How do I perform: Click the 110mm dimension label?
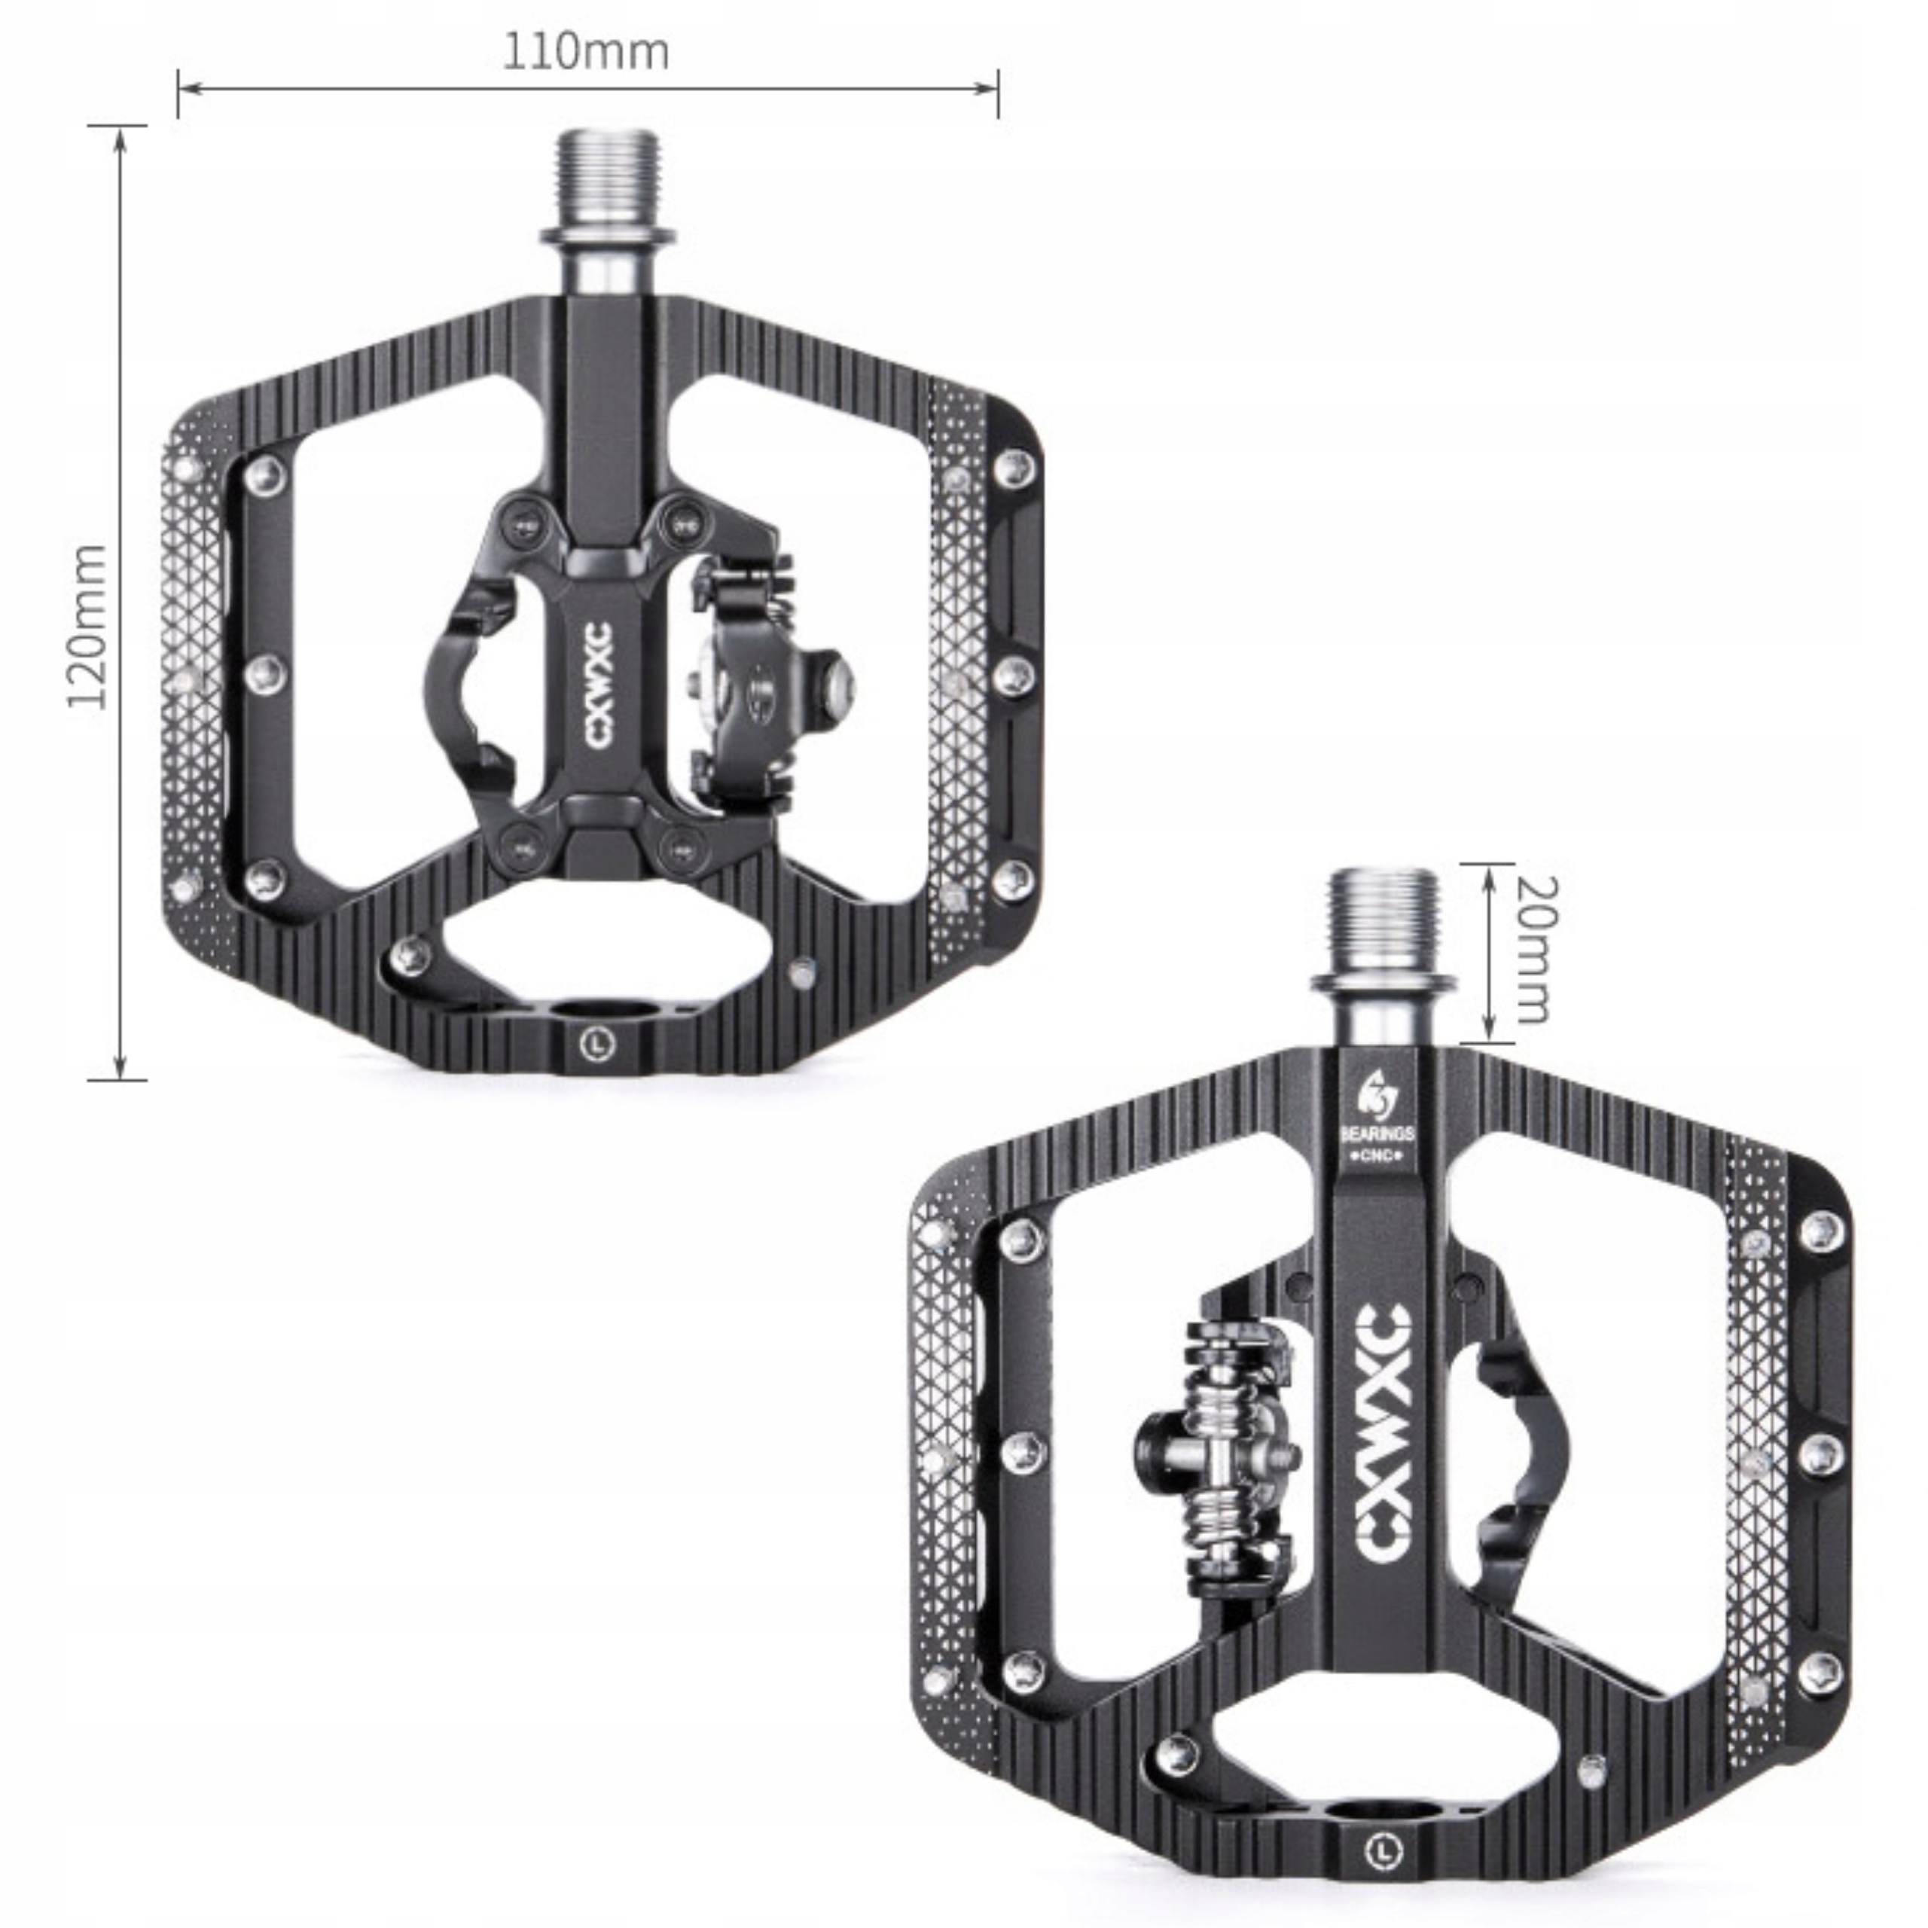(x=586, y=52)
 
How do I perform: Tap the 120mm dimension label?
(x=88, y=627)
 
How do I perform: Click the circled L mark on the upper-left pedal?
(x=596, y=1044)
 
